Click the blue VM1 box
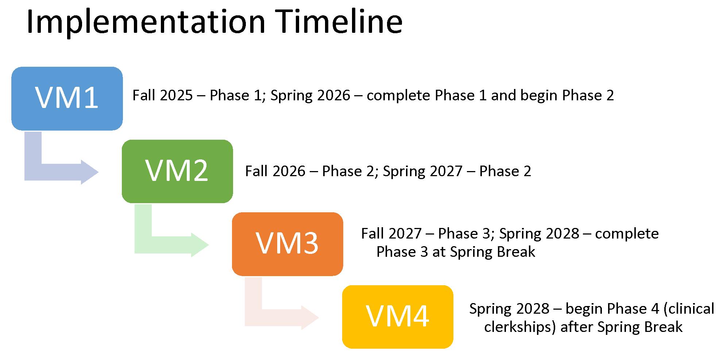(67, 98)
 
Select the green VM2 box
(177, 171)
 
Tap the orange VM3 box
(287, 244)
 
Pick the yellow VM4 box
(398, 317)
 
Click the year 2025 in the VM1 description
(176, 96)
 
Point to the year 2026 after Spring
(333, 96)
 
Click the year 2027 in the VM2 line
(446, 171)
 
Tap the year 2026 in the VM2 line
(289, 171)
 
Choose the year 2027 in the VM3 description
(405, 234)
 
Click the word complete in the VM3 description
(627, 234)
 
